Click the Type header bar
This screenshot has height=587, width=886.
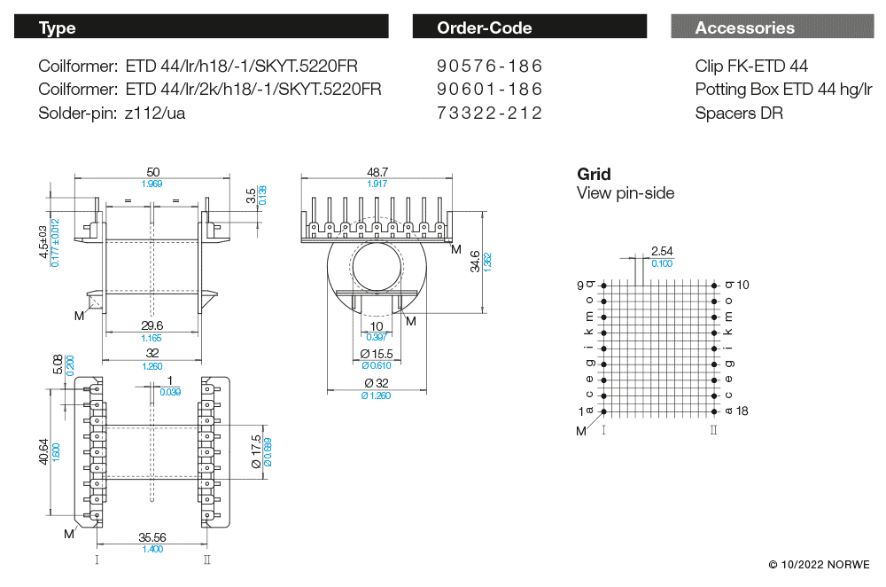pos(200,27)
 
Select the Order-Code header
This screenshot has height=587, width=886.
pos(529,27)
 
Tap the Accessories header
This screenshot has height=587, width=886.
pos(772,27)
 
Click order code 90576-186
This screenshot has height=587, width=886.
pos(489,67)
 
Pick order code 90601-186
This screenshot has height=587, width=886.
pos(489,90)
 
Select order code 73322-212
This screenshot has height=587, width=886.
pos(489,113)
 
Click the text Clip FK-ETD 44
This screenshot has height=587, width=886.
pos(751,67)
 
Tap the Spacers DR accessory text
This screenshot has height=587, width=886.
pos(739,113)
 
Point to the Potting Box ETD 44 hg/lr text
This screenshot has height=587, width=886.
pos(783,90)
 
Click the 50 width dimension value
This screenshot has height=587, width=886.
pos(152,172)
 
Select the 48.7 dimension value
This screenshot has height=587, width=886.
pos(377,172)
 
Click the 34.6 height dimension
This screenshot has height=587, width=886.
pos(476,261)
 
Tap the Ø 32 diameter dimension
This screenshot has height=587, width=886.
pos(377,384)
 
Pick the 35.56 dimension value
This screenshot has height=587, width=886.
pos(152,537)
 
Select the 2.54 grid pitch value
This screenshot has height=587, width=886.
pos(661,252)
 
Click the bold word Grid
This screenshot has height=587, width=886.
pos(594,175)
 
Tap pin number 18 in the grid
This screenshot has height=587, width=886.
pos(742,411)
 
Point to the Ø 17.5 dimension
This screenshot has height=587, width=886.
pos(256,451)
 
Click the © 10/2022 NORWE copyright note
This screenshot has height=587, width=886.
pos(819,565)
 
